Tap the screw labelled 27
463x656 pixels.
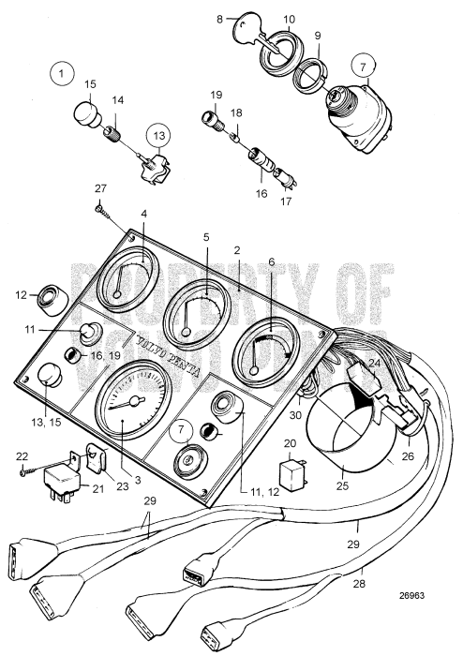tap(99, 210)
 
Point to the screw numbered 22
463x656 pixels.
tap(29, 470)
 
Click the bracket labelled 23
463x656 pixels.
tap(94, 459)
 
